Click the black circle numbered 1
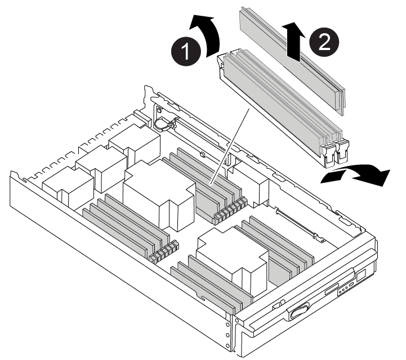[x=186, y=51]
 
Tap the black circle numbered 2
[x=324, y=42]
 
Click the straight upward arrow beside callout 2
[x=293, y=42]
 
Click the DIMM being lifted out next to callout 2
[x=293, y=61]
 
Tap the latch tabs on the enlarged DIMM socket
[x=334, y=153]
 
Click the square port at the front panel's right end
[x=361, y=276]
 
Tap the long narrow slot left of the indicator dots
[x=332, y=289]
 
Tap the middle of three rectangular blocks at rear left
[x=101, y=168]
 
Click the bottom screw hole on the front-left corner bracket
[x=228, y=345]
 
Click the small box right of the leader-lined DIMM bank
[x=248, y=184]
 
